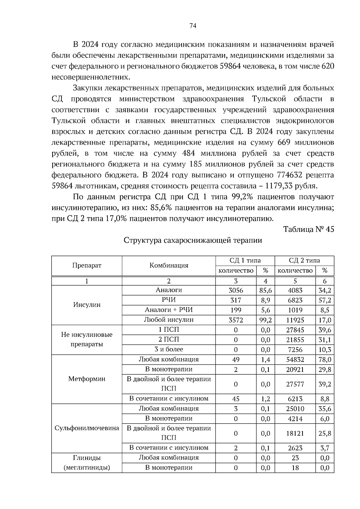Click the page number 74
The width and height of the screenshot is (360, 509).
[x=193, y=26]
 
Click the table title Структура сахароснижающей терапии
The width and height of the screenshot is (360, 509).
[x=193, y=241]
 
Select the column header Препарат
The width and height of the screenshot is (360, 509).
[x=87, y=265]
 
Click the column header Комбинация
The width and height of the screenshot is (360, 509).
[x=169, y=265]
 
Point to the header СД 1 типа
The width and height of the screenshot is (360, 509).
[x=245, y=260]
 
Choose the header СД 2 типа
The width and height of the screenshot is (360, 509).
[x=304, y=260]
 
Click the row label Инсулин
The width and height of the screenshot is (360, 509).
[x=87, y=305]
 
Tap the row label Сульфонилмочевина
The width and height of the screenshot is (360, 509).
[x=87, y=428]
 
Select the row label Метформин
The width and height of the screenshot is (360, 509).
[x=87, y=379]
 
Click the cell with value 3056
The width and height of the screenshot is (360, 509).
[x=236, y=290]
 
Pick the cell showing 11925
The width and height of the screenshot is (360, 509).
[x=295, y=320]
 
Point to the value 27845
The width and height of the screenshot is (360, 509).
[x=295, y=330]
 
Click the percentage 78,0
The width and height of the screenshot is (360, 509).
[x=325, y=360]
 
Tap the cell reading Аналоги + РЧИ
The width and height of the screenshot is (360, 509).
[x=169, y=310]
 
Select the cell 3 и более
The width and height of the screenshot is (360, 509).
[x=169, y=349]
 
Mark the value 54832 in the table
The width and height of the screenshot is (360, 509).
[x=295, y=360]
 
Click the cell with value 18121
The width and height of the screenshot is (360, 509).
[x=295, y=433]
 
